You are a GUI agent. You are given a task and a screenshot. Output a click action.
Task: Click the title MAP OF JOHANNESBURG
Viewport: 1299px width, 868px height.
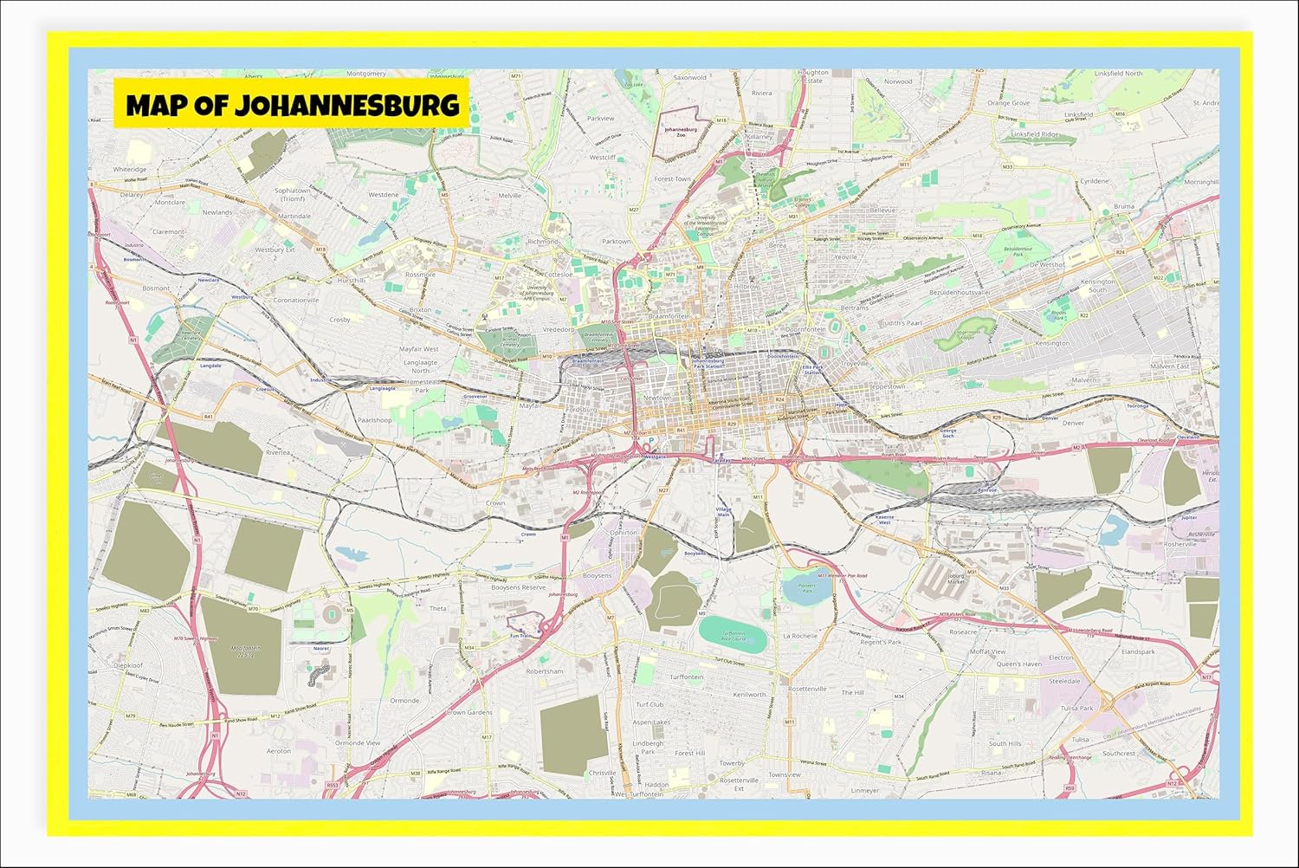click(292, 105)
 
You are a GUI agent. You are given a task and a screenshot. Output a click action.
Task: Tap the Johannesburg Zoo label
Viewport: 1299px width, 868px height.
click(681, 132)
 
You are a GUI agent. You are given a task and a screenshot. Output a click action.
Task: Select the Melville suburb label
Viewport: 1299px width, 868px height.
click(510, 196)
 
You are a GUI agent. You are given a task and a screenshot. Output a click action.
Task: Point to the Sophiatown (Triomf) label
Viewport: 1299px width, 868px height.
click(292, 194)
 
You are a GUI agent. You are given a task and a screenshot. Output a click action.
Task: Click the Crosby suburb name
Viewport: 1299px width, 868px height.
click(339, 320)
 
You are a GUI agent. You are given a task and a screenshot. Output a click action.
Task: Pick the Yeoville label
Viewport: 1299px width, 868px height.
click(845, 257)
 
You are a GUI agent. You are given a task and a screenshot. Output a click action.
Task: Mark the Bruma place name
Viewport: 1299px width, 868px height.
click(1123, 207)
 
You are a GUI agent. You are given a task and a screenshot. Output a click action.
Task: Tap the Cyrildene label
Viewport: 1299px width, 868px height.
click(1094, 182)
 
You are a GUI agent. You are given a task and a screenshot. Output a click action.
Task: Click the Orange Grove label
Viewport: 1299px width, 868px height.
click(1009, 103)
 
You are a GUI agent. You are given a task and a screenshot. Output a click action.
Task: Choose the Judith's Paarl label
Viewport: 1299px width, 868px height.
click(902, 323)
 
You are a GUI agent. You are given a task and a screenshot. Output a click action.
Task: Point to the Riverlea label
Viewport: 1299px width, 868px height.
click(278, 452)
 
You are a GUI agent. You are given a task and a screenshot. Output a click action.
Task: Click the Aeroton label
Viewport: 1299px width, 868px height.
click(279, 751)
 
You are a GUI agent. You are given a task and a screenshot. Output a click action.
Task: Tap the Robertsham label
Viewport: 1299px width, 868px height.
click(545, 671)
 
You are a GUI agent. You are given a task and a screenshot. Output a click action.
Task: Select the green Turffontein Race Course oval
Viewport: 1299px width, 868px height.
click(732, 635)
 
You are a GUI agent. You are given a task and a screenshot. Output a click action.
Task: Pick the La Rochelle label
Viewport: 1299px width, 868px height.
click(800, 636)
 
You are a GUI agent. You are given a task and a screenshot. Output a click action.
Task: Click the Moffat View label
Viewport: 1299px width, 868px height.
click(987, 651)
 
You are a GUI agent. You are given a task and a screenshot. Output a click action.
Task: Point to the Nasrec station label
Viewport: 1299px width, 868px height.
click(321, 647)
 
